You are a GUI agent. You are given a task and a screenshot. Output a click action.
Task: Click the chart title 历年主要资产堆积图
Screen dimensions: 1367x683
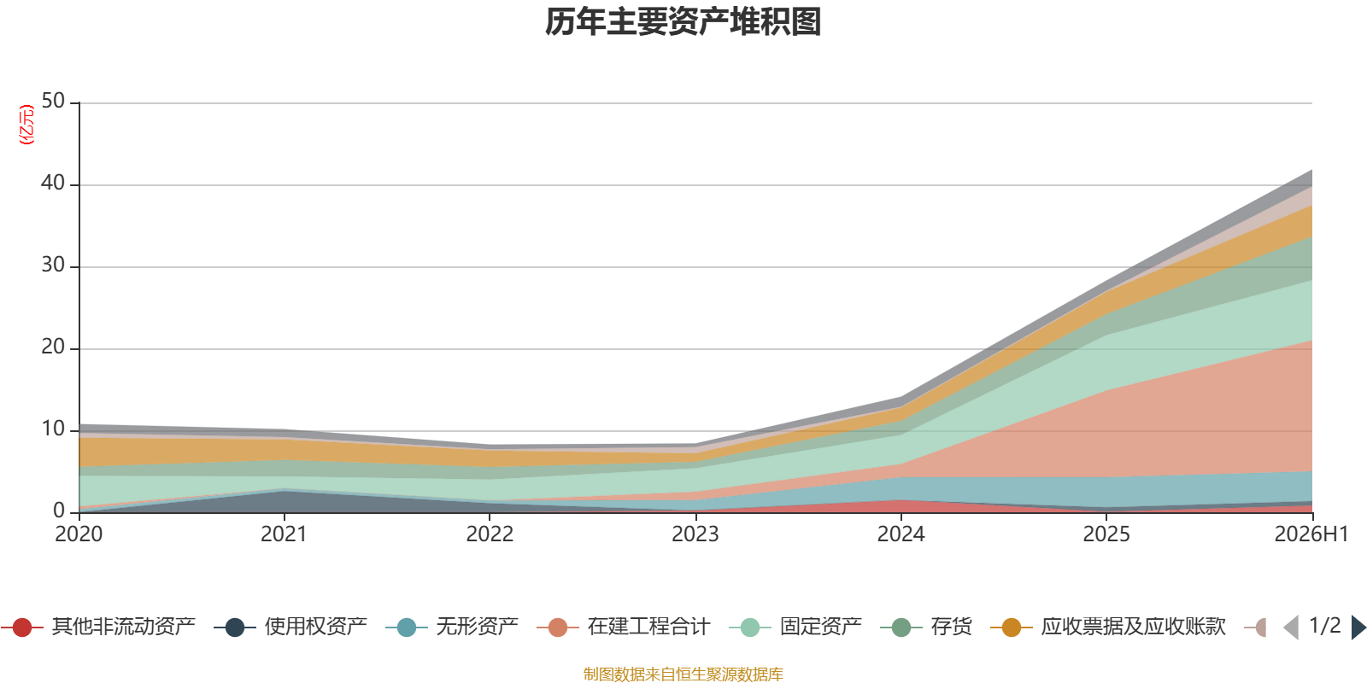(683, 22)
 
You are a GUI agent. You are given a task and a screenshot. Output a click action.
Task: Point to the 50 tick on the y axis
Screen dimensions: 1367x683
(53, 101)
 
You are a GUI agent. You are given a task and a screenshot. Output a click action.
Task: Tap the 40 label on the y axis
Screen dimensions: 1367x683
(53, 183)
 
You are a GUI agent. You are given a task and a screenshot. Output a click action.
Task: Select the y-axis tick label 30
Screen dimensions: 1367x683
(53, 265)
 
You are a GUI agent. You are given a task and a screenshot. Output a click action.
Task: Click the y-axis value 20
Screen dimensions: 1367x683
(53, 347)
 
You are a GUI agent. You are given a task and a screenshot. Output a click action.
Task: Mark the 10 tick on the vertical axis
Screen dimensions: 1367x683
(53, 429)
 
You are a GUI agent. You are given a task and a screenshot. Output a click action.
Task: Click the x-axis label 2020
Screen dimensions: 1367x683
(79, 534)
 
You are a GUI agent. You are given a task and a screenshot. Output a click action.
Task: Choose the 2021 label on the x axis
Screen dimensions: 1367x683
(284, 534)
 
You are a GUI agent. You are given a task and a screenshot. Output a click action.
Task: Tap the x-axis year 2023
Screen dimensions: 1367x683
(695, 534)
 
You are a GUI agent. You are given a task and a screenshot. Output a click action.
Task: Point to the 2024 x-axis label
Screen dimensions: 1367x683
(901, 534)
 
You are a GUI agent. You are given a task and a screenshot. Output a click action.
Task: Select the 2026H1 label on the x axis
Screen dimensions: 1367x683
(1311, 534)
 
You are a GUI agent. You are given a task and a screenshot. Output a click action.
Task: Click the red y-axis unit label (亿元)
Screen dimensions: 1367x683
(26, 125)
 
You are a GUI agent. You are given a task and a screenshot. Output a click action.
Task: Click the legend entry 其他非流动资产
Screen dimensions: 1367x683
(98, 627)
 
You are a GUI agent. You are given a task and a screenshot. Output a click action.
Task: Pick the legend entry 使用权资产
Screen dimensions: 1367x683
(290, 627)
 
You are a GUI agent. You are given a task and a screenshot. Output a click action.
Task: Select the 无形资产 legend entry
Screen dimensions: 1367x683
(452, 627)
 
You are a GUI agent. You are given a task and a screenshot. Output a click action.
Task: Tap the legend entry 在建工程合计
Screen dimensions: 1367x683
(624, 627)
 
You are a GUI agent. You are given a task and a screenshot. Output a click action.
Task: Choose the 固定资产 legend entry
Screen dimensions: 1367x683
(795, 627)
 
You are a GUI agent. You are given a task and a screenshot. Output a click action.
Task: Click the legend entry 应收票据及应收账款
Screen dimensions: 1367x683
(1108, 627)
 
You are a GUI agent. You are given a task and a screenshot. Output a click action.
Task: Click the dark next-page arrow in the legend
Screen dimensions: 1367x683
(1358, 627)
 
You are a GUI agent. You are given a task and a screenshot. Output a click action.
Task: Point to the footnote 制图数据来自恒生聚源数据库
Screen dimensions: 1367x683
(683, 674)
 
